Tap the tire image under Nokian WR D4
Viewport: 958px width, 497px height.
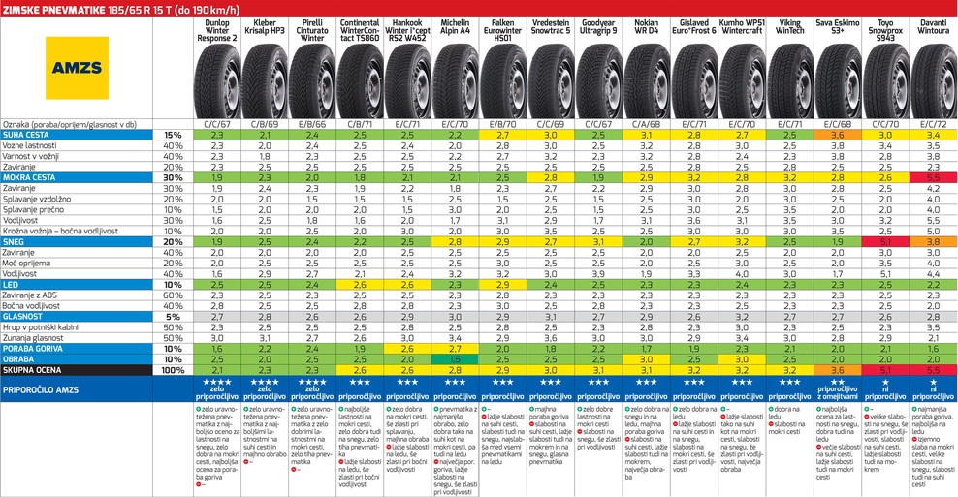point(647,82)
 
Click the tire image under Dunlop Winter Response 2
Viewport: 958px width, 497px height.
point(217,82)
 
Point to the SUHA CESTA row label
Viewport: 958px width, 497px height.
point(29,135)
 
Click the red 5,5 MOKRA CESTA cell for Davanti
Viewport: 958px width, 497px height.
point(933,177)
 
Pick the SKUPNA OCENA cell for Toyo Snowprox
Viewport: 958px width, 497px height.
point(885,369)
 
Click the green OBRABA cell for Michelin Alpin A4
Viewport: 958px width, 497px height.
point(456,358)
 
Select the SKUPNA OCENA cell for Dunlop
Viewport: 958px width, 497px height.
point(217,369)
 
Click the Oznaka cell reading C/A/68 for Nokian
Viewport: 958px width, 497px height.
point(647,124)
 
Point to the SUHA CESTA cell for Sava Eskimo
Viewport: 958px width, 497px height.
point(838,135)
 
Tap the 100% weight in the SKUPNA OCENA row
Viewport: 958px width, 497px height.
point(173,369)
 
